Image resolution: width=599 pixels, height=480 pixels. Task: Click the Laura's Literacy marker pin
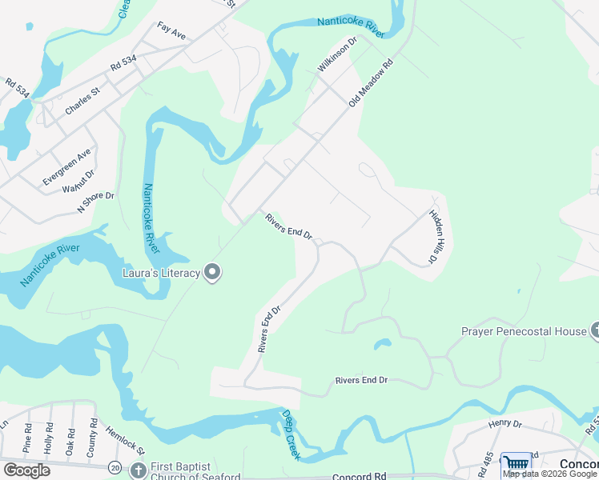[x=212, y=274]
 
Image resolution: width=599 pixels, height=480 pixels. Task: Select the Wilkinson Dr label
[x=336, y=54]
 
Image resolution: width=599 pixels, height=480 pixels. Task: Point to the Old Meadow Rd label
[x=372, y=83]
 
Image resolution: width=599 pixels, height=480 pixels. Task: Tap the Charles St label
[x=82, y=102]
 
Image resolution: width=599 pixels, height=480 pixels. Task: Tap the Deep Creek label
[x=291, y=434]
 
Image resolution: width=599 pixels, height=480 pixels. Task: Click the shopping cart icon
[x=516, y=464]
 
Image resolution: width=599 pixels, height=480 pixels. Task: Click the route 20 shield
[x=116, y=467]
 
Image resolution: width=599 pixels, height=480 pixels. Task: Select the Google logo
[x=26, y=470]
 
